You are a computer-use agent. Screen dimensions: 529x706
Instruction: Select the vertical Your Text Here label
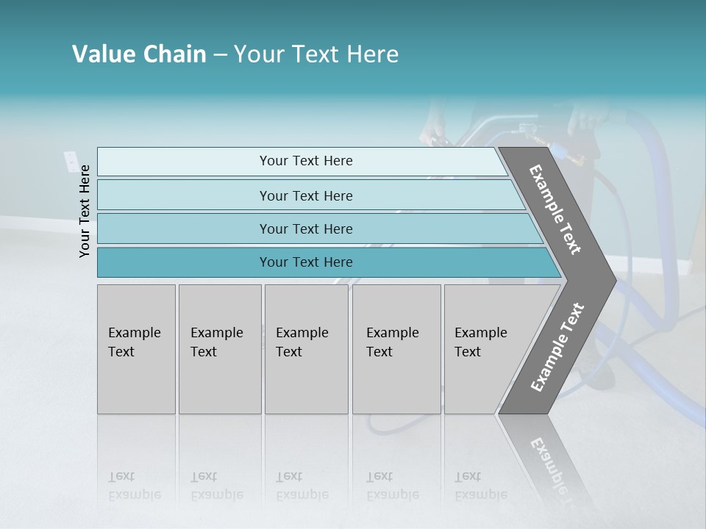pos(85,212)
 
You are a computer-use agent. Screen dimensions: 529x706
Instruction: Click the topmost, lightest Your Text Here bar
pos(305,161)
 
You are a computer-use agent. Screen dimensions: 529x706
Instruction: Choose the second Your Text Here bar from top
pos(305,195)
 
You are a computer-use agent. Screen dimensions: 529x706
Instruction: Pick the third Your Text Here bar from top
pos(305,228)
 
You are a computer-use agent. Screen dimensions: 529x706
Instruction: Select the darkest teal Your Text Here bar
pos(305,262)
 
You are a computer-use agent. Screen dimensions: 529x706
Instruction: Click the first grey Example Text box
pos(136,349)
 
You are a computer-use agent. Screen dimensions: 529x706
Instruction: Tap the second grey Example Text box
pos(219,349)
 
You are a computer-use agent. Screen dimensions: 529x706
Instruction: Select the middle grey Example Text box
pos(305,349)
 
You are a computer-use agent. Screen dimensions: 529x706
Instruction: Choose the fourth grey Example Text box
pos(396,349)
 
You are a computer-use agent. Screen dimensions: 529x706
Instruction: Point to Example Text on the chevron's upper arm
pos(555,209)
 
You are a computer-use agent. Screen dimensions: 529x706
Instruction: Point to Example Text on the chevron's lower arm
pos(557,348)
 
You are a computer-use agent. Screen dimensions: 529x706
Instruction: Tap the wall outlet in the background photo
pos(70,161)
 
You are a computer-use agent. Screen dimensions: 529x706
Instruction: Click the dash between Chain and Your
pos(220,55)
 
